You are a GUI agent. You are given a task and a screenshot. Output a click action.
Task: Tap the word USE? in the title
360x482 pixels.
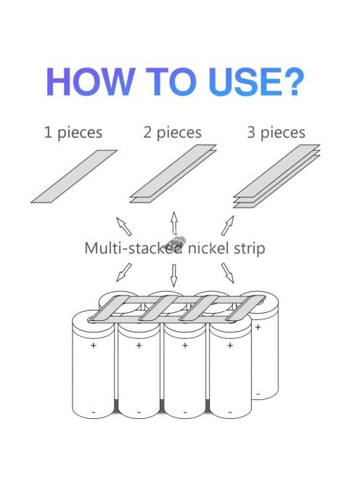[256, 82]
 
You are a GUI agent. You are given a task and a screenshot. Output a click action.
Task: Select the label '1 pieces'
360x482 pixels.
[73, 133]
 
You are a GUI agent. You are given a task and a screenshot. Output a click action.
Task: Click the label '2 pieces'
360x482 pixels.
[173, 133]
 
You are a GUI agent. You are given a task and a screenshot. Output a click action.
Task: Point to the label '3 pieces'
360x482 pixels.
[276, 133]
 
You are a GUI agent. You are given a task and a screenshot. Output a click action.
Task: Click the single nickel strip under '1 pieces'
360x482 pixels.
[74, 176]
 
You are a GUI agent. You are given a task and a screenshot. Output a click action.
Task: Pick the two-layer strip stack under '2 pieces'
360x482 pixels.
[173, 173]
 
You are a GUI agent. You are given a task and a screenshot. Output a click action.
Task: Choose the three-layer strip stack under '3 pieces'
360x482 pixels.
[277, 176]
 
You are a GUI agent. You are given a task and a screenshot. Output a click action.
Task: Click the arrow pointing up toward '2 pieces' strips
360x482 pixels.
[174, 223]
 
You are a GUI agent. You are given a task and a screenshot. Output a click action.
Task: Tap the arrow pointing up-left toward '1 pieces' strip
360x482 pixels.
[123, 226]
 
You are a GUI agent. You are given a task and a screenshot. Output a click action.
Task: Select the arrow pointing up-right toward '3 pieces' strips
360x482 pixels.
[227, 225]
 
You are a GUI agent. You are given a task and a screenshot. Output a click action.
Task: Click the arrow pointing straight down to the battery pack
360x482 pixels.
[174, 276]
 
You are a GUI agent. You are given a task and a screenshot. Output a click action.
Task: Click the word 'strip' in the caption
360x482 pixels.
[250, 249]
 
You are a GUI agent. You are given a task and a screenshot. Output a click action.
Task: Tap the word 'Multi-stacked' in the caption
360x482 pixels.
[134, 248]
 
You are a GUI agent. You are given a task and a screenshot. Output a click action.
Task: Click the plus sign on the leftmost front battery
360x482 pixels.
[94, 346]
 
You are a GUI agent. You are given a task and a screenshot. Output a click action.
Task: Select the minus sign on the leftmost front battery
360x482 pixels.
[94, 412]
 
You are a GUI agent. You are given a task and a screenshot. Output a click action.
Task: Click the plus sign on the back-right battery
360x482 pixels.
[258, 327]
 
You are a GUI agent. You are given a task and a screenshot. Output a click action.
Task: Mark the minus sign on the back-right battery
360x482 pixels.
[258, 393]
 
